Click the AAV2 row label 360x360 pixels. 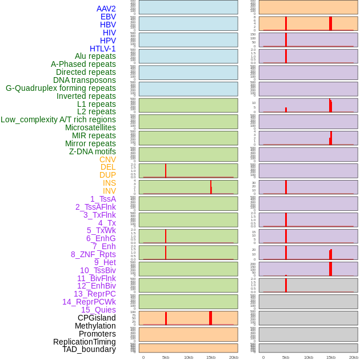point(106,9)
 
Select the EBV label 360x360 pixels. point(108,17)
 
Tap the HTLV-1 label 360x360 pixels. point(102,49)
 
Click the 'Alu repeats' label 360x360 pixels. point(95,56)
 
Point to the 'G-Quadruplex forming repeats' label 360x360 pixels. point(61,88)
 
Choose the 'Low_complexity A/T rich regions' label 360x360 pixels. point(58,119)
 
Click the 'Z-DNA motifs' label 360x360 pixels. point(93,151)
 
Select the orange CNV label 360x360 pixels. point(107,159)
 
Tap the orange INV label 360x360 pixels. point(109,191)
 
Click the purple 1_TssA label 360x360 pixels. point(103,199)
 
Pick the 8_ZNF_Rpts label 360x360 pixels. point(93,254)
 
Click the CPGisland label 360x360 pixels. point(97,318)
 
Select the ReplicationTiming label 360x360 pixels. point(85,342)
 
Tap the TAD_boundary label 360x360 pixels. point(89,349)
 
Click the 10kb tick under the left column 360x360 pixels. point(189,357)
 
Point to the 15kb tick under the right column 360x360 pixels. point(331,357)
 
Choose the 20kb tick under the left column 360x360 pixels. point(234,357)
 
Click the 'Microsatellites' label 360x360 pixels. point(90,127)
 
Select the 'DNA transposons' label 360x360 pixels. point(85,80)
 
